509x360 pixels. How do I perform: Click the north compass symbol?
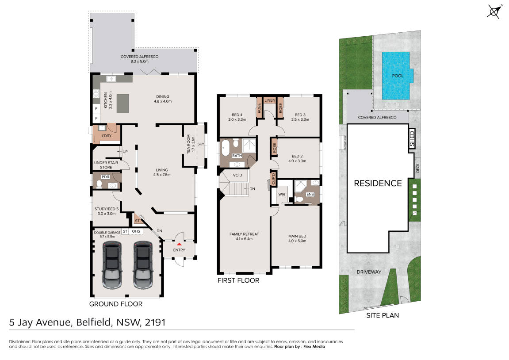494,11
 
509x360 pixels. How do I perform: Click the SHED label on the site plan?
412,138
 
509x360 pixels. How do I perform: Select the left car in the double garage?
112,264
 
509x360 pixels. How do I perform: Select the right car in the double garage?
143,264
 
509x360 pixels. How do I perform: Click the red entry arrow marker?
179,244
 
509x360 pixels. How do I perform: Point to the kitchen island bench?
122,103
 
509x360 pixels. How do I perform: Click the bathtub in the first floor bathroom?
226,149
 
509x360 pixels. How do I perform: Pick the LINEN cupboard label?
270,100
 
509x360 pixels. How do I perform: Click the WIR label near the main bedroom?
282,195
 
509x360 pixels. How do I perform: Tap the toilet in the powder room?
100,184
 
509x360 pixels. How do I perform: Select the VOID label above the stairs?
237,175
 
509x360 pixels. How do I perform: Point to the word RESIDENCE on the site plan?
378,184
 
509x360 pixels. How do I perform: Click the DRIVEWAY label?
369,272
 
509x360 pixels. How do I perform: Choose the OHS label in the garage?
136,231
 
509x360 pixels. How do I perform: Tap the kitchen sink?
111,79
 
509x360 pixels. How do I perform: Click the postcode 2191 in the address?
155,322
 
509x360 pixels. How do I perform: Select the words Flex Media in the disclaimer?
314,347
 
